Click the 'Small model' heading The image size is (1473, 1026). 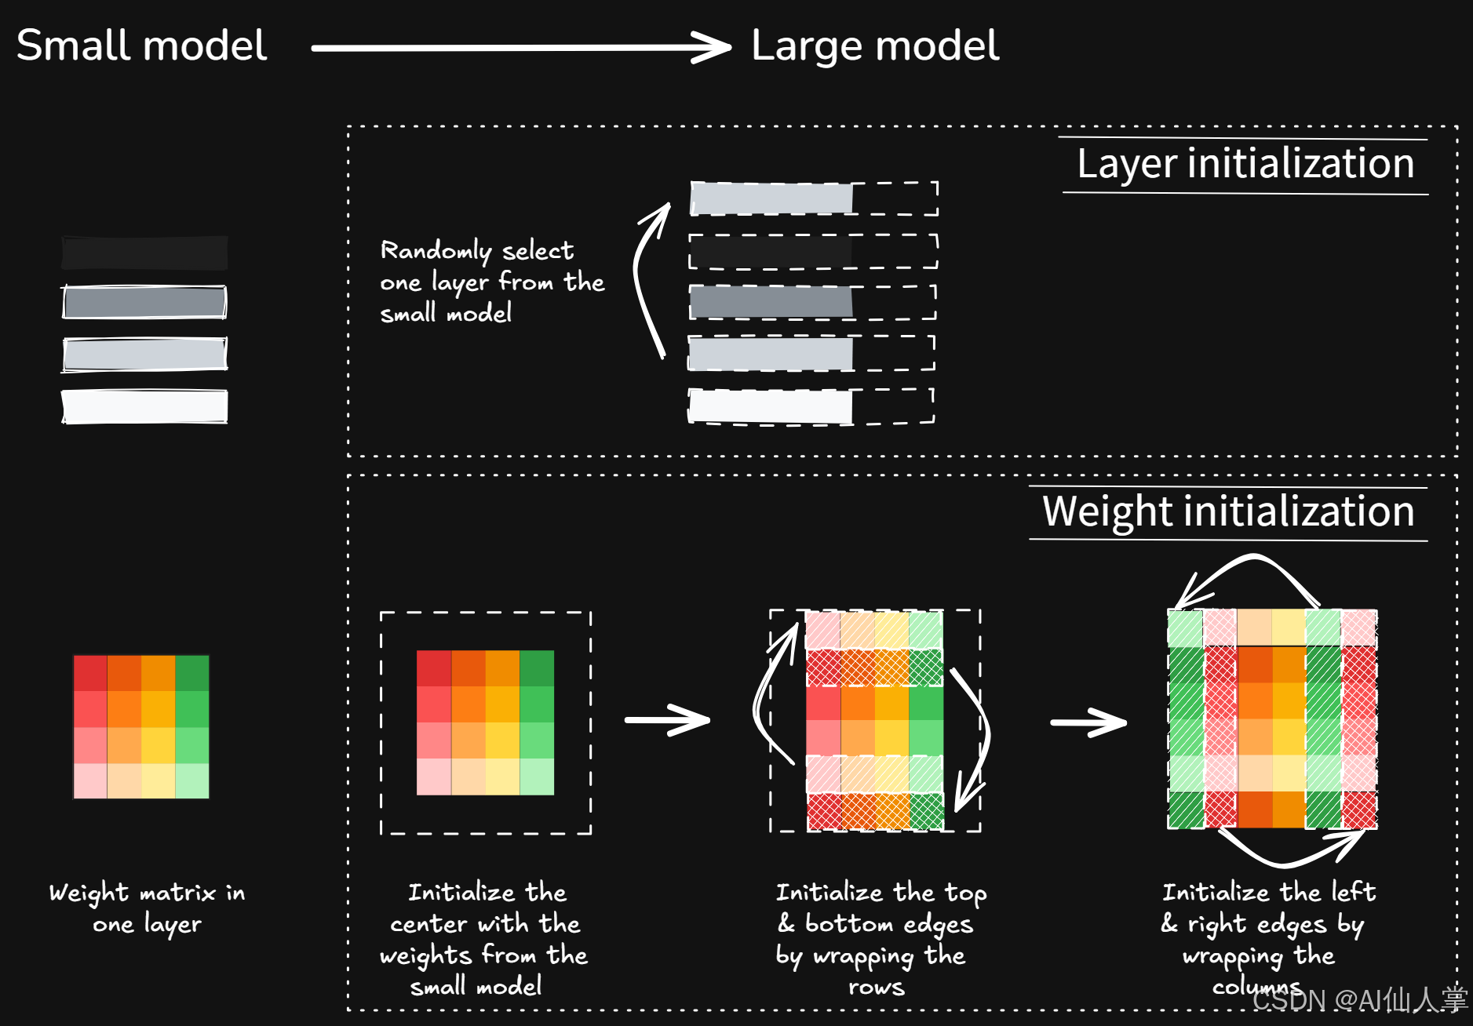142,45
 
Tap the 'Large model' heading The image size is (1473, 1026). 875,45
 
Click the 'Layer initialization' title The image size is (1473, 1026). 1245,164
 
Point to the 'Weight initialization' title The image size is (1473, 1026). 1228,511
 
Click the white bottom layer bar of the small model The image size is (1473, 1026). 144,406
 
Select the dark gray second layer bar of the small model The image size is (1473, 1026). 144,302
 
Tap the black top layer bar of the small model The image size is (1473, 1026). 144,253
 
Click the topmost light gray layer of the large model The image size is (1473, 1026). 771,198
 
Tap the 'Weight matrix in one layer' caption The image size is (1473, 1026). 147,908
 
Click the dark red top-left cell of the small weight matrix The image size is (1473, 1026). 90,673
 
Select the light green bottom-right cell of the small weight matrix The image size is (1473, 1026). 192,780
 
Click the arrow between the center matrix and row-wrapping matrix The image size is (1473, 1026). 668,719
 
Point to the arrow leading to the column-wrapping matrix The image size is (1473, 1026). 1089,722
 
